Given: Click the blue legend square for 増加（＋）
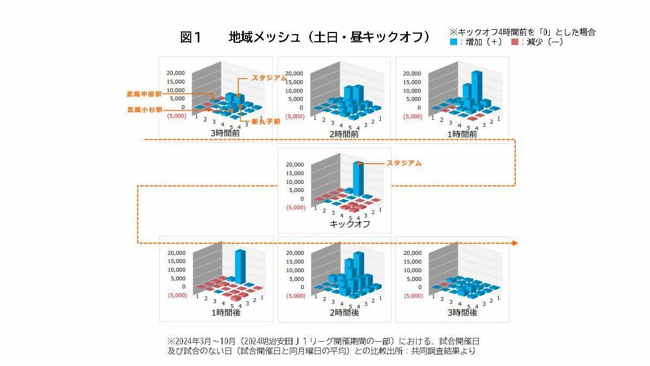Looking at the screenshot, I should tap(453, 41).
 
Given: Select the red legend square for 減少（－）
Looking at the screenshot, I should tap(515, 41).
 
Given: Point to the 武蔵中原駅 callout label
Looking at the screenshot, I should tap(140, 94).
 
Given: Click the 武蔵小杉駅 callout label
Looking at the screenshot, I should tap(140, 110).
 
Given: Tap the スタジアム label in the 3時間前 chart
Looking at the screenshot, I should tap(269, 78).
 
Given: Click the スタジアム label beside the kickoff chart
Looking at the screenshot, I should tap(403, 163).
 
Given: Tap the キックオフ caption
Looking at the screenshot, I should tap(349, 224).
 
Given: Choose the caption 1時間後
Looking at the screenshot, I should tap(226, 313).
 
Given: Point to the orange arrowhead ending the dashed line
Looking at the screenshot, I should tap(515, 243).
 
